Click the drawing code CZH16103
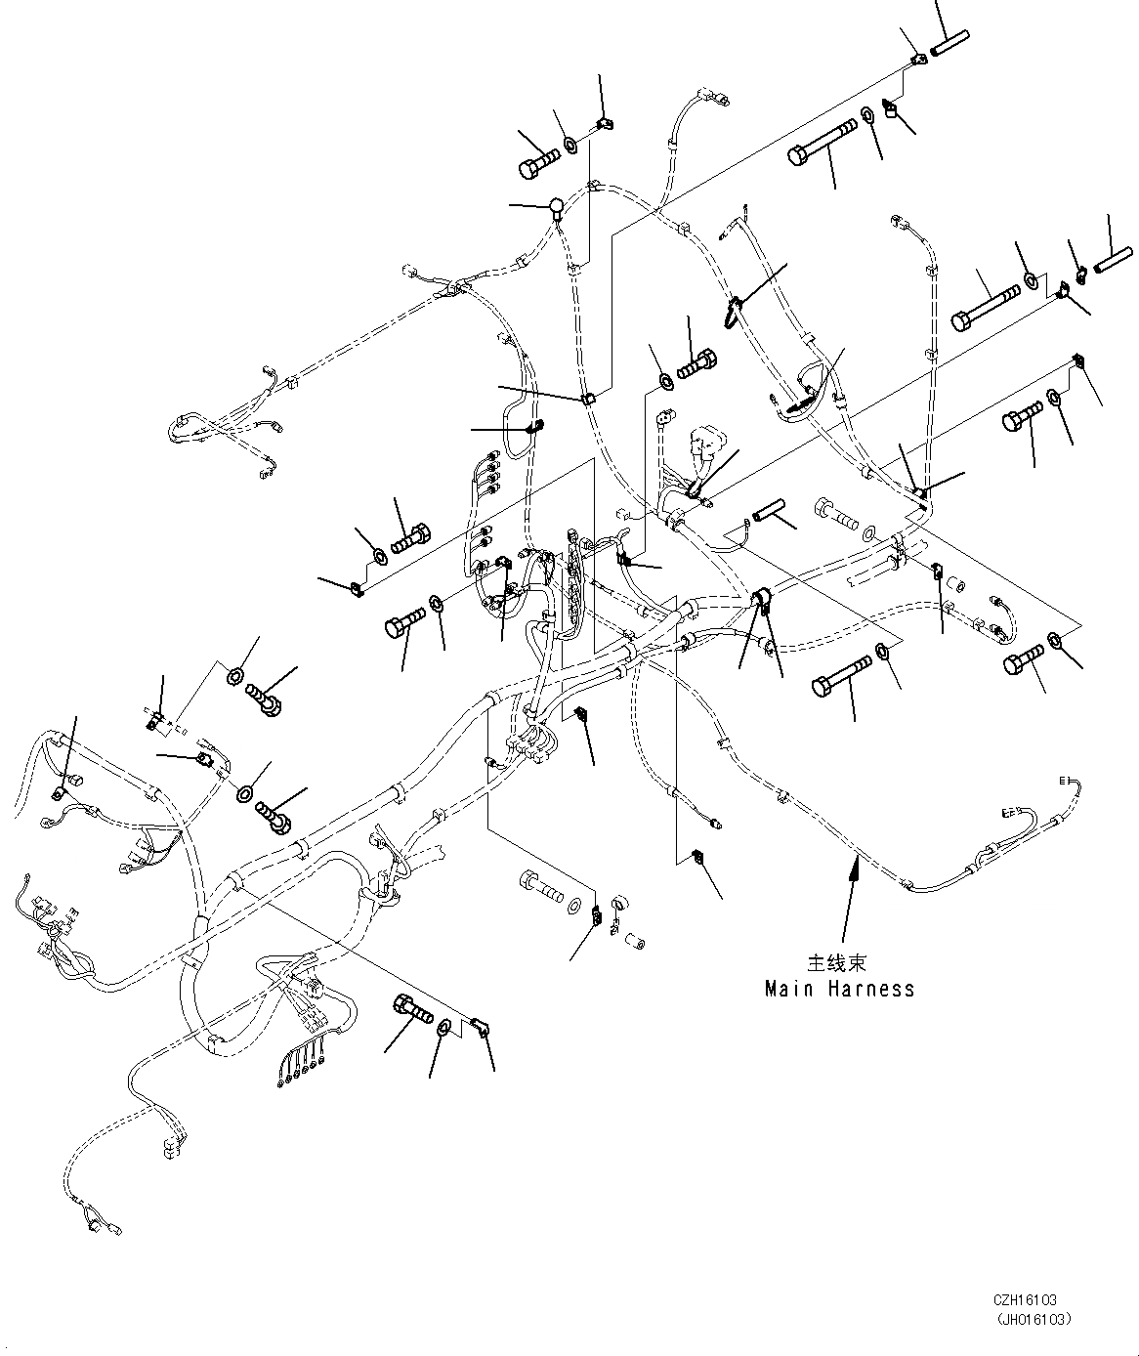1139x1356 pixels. (1026, 1301)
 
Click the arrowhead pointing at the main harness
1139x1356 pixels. (856, 861)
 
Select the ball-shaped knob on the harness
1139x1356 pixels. (555, 205)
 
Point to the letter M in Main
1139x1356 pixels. (772, 989)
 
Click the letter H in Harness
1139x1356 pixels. (835, 989)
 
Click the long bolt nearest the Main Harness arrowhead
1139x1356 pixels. (841, 674)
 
